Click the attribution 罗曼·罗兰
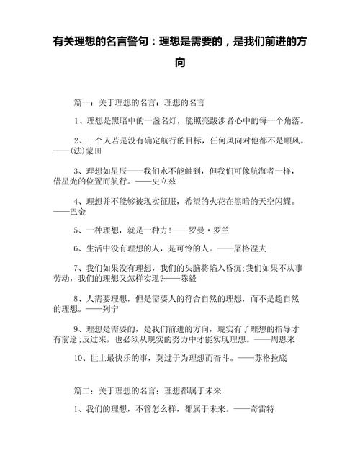(x=209, y=230)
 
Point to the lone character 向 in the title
(x=179, y=63)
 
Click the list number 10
(x=79, y=356)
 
